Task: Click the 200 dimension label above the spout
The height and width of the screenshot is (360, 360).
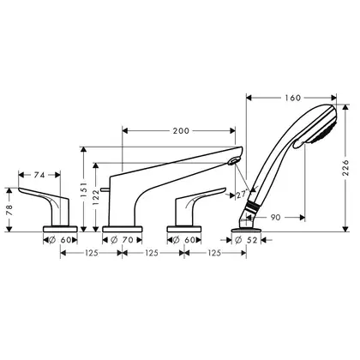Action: point(181,131)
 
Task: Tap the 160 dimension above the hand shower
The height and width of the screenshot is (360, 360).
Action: point(293,98)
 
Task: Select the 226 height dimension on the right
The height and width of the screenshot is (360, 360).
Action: point(345,168)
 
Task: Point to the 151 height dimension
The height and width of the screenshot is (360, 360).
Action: point(84,190)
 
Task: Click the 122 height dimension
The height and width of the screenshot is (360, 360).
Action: point(96,198)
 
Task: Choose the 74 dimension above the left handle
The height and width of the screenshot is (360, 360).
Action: point(39,175)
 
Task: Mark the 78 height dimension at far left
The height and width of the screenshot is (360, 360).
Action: point(9,210)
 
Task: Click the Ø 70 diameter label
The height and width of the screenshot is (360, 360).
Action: point(122,240)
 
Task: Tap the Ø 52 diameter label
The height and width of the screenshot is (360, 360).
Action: point(246,240)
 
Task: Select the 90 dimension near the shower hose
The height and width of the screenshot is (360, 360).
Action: point(275,218)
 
